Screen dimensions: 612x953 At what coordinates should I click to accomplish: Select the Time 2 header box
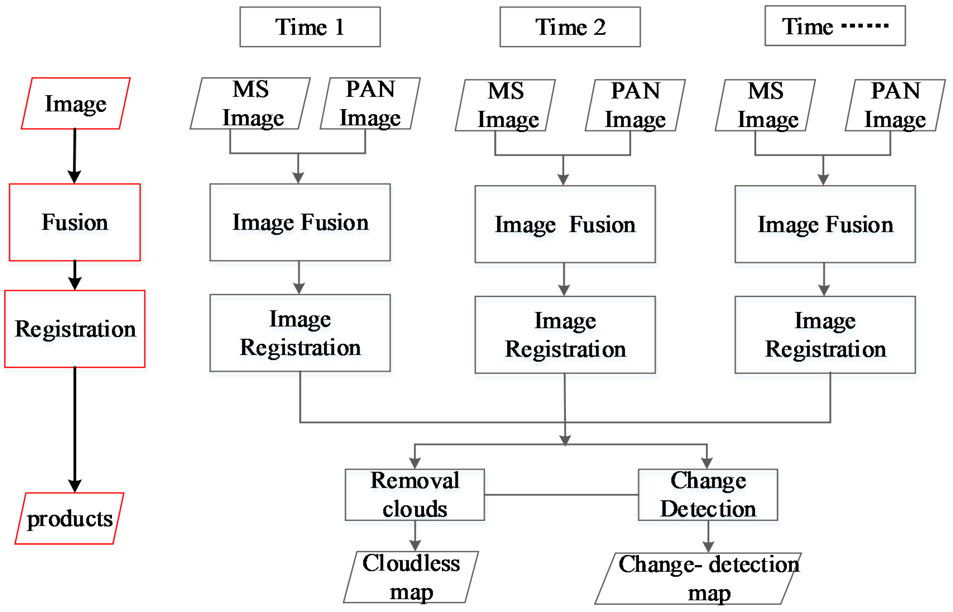pos(570,27)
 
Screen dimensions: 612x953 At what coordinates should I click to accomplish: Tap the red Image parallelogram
pos(76,103)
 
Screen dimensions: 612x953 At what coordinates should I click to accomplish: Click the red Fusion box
pos(75,222)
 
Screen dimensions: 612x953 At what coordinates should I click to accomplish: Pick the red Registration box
pos(75,329)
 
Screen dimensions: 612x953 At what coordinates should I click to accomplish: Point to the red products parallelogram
pos(69,518)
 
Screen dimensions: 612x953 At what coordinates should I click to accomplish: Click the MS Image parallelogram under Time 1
pos(250,103)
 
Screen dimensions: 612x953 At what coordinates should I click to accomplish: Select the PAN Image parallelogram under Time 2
pos(635,105)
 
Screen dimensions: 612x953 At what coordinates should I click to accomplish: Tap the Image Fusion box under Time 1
pos(300,222)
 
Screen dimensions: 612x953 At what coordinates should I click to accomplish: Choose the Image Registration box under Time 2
pos(565,335)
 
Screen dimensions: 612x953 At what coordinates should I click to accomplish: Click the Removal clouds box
pos(414,495)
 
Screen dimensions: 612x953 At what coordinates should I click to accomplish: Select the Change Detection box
pos(708,495)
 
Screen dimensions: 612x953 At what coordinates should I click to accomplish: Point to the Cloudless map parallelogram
pos(411,577)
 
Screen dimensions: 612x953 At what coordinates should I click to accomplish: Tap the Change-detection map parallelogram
pos(698,579)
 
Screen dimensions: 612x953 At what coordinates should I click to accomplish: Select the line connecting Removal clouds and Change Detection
pos(561,495)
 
